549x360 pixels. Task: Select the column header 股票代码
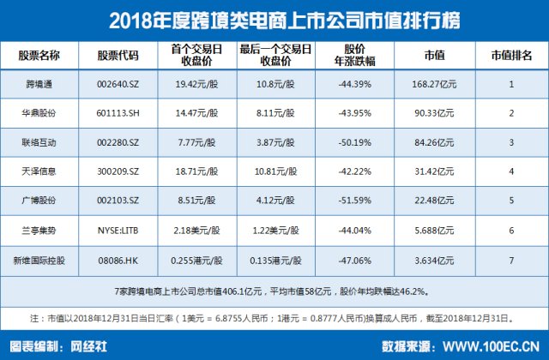pos(118,55)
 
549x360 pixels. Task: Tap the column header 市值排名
pos(510,55)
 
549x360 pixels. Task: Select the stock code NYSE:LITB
pos(118,231)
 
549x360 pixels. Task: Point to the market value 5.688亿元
pos(434,231)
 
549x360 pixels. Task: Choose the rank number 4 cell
pos(510,171)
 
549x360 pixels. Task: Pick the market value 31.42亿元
pos(434,171)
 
